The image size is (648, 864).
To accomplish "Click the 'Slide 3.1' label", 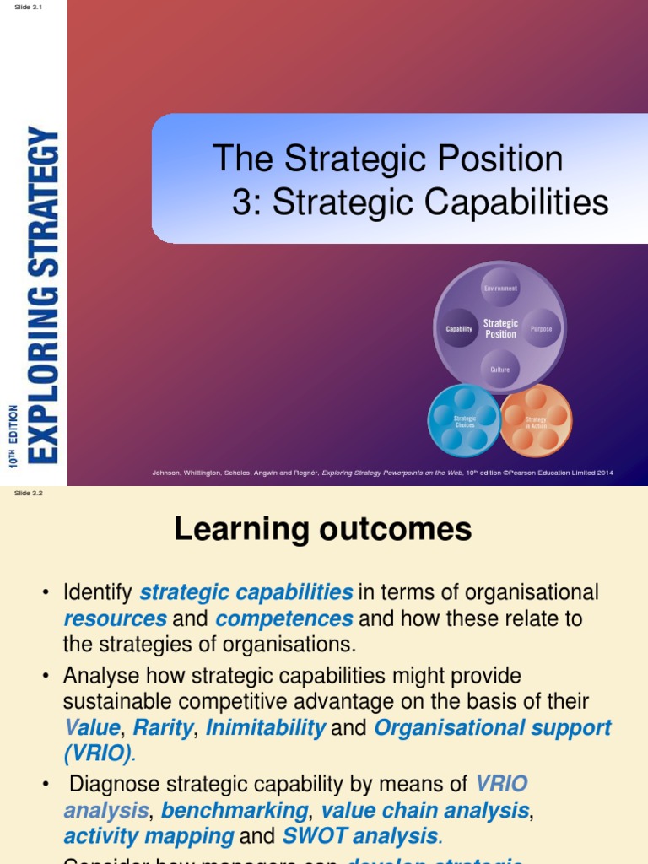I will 28,7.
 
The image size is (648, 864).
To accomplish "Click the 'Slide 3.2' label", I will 28,494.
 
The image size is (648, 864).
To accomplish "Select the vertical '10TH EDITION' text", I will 13,435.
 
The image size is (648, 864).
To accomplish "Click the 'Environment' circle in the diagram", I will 499,289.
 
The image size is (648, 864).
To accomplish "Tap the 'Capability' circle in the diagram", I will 459,329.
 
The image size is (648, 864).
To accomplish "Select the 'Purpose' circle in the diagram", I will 541,329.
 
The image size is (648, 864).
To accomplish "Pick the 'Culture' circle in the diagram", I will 499,370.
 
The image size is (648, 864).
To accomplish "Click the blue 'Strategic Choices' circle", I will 465,420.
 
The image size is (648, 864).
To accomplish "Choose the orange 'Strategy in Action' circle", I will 536,420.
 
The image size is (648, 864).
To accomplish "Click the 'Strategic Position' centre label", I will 500,329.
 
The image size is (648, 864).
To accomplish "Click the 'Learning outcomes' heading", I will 323,529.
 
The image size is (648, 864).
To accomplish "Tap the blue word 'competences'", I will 284,618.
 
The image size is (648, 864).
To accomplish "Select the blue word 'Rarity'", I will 163,727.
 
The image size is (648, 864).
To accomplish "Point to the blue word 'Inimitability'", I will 266,727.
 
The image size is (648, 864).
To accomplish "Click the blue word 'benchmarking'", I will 235,811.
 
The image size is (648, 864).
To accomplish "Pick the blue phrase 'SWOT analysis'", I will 360,837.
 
